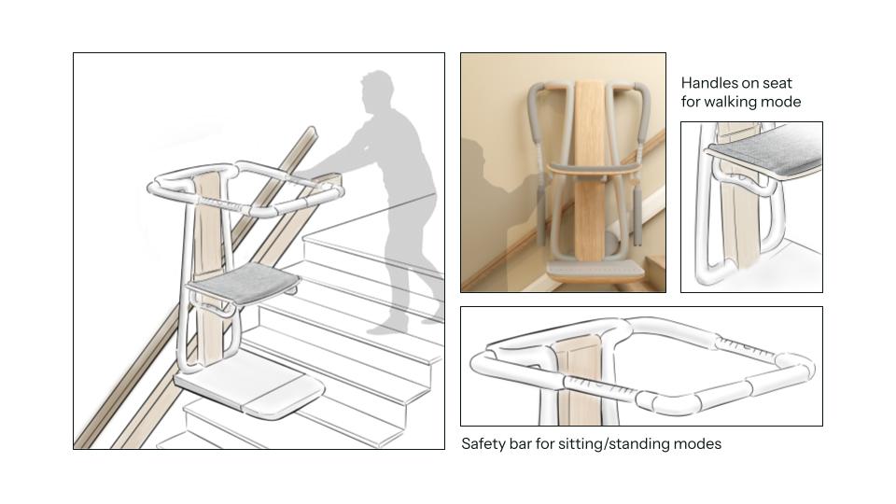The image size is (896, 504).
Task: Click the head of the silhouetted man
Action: point(378,91)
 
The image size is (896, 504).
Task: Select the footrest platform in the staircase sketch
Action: point(250,386)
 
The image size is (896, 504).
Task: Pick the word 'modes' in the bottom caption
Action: point(698,444)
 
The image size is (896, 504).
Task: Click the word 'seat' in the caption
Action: point(777,83)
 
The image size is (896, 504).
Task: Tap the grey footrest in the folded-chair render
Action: point(595,271)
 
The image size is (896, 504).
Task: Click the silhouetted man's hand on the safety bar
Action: point(307,172)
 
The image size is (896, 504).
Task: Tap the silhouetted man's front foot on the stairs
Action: point(394,328)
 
